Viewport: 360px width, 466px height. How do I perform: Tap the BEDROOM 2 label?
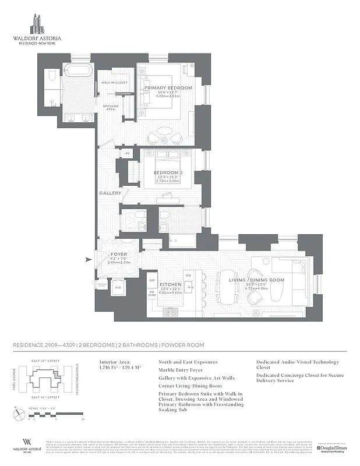168,172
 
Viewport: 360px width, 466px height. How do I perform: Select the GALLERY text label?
110,193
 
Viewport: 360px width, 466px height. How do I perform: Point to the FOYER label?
118,255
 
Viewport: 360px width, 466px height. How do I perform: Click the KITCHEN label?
171,284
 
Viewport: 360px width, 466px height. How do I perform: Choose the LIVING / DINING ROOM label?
256,280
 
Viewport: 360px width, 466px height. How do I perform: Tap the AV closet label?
128,154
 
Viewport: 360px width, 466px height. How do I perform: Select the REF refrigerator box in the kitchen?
152,280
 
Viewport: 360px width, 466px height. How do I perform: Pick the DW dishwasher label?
188,276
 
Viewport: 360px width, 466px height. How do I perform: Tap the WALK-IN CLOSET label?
114,83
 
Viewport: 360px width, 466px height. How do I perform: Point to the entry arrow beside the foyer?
88,260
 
